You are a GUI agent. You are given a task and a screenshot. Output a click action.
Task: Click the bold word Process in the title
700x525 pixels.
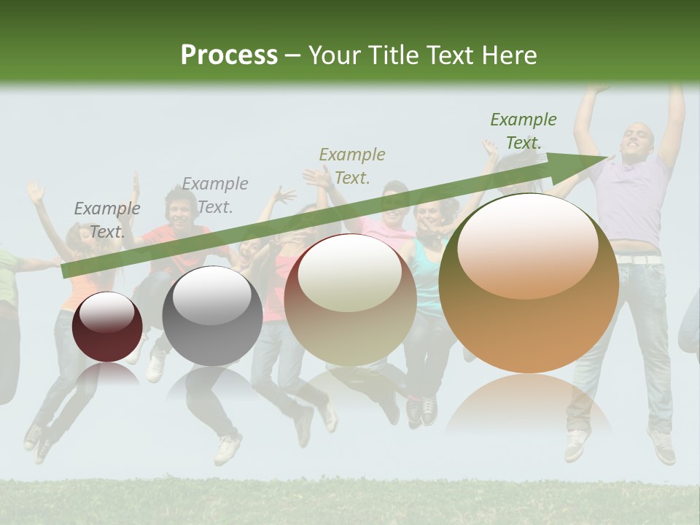229,55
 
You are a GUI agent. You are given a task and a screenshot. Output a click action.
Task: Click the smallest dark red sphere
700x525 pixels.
107,327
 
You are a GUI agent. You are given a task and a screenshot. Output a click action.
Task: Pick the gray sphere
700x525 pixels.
212,316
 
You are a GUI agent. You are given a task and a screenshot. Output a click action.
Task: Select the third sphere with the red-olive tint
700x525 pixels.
350,300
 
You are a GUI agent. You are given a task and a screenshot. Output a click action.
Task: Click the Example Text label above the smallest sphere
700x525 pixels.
107,220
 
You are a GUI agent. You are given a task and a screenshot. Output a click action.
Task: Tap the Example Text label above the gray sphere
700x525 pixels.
215,195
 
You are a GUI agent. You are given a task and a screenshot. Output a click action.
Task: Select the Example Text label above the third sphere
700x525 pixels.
352,166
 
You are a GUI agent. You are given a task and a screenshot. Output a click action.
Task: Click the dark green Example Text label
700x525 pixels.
523,131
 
